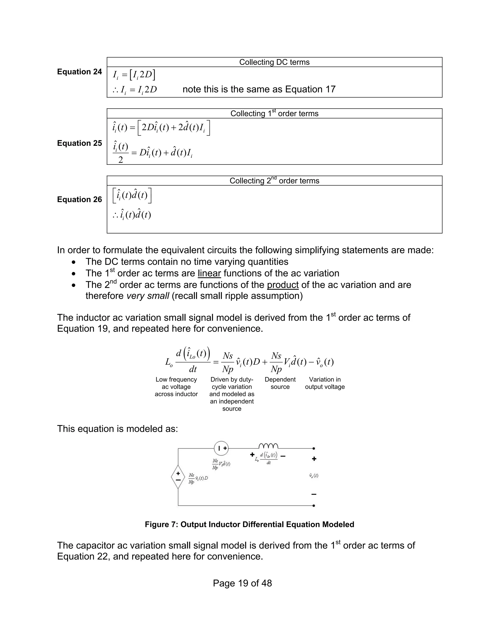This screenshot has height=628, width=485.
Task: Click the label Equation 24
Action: point(79,72)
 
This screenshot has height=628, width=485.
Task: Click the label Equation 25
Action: point(79,143)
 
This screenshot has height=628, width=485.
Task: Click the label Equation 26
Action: point(79,199)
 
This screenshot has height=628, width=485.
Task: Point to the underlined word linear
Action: point(209,273)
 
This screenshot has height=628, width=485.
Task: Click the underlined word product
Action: point(283,285)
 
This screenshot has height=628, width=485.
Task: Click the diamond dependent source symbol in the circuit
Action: point(178,477)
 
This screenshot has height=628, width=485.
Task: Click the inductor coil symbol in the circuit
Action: point(268,446)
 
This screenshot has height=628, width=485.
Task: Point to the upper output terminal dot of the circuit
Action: point(314,448)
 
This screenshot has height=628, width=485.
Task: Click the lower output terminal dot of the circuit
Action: point(314,505)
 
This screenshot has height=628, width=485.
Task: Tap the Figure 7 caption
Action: point(249,524)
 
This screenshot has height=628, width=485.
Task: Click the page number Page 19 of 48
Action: point(242,583)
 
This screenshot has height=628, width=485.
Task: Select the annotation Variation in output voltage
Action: point(325,383)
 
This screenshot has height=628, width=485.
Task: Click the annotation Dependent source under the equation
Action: point(280,383)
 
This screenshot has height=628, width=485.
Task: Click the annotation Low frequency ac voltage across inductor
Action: point(176,387)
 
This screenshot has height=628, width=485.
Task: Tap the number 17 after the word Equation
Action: point(330,89)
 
